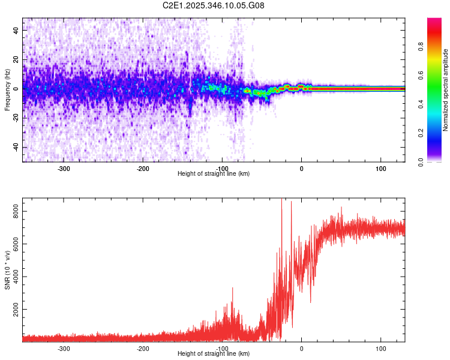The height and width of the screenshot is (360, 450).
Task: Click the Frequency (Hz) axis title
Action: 7,90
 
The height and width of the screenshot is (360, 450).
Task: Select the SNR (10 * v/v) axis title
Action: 7,270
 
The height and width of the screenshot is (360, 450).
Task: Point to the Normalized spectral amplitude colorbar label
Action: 446,90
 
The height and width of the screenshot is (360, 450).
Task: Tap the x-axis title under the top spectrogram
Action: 214,173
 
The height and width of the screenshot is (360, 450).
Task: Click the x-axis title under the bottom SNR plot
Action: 214,353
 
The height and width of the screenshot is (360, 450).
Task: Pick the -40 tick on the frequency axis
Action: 16,147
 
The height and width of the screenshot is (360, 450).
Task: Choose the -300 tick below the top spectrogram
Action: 64,169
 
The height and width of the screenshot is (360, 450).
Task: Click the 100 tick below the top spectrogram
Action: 380,169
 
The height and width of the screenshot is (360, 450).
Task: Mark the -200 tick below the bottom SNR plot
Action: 143,349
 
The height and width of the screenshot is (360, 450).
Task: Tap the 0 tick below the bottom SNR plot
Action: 302,349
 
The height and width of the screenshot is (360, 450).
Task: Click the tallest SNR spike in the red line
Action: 282,200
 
